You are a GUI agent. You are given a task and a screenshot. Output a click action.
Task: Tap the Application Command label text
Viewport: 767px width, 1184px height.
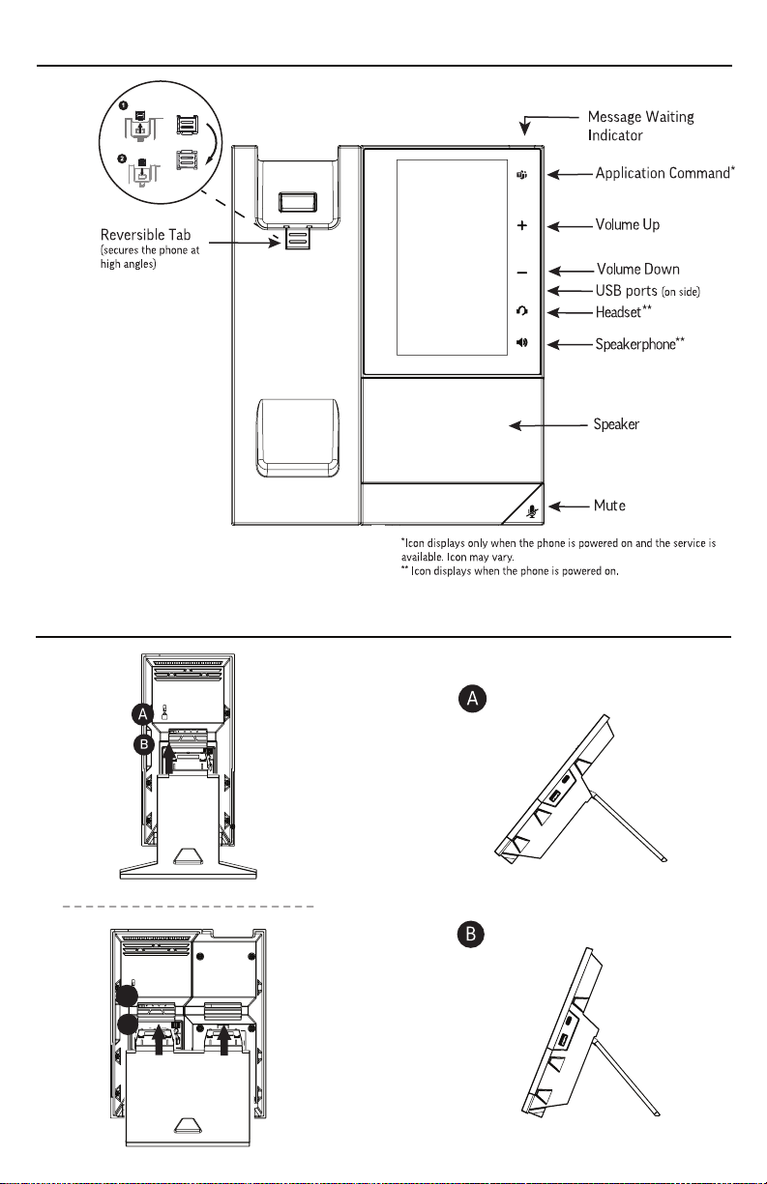click(662, 173)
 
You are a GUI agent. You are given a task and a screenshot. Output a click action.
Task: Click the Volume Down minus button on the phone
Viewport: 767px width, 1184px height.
click(521, 272)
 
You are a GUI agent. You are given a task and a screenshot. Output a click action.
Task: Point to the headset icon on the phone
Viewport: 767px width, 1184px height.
click(521, 311)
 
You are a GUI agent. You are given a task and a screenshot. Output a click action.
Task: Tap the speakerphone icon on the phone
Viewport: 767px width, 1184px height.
click(521, 343)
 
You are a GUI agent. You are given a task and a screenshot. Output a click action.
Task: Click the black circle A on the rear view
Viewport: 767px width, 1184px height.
click(142, 713)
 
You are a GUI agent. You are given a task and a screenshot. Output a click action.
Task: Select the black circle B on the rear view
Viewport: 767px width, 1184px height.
click(142, 744)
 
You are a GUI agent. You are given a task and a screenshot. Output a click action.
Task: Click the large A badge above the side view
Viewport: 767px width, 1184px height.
click(471, 700)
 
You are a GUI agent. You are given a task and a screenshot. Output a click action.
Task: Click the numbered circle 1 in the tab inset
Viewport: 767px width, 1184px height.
click(125, 103)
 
